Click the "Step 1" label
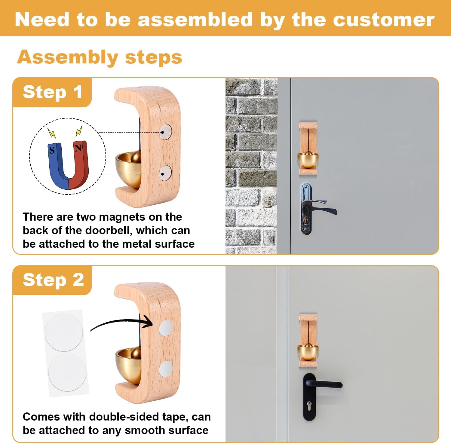[52, 92]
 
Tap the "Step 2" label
[53, 280]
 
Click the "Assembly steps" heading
[100, 57]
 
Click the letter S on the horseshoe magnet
[52, 150]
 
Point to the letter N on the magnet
[78, 148]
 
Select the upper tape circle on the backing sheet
[64, 332]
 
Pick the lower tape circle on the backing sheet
[67, 372]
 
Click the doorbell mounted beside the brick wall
[308, 148]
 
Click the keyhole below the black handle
[309, 404]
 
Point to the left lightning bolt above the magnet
[52, 133]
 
